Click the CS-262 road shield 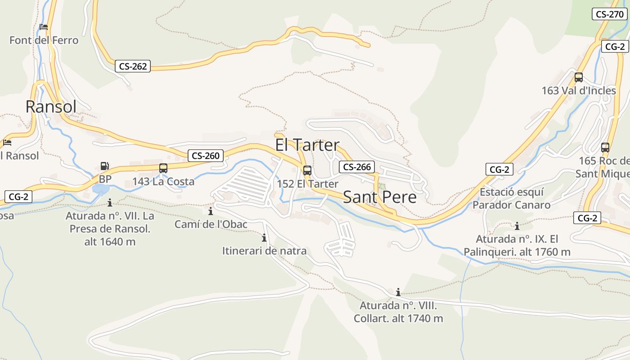tap(133, 66)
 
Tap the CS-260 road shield tap(206, 156)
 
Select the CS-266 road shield tap(357, 167)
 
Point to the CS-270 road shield tap(610, 14)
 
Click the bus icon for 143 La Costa tap(163, 168)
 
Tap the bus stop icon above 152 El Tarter tap(307, 171)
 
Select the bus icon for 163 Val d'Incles tap(579, 77)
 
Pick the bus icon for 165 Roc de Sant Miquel tap(605, 147)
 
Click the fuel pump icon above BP tap(104, 166)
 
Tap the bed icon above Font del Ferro tap(44, 27)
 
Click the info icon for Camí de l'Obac tap(211, 211)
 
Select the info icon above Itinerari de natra tap(264, 238)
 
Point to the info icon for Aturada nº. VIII tap(398, 292)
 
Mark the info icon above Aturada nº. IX tap(517, 226)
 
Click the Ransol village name tap(51, 107)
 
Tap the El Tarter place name tap(307, 145)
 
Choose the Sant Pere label tap(380, 197)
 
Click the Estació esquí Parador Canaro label tap(511, 198)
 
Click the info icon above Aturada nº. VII tap(109, 203)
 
